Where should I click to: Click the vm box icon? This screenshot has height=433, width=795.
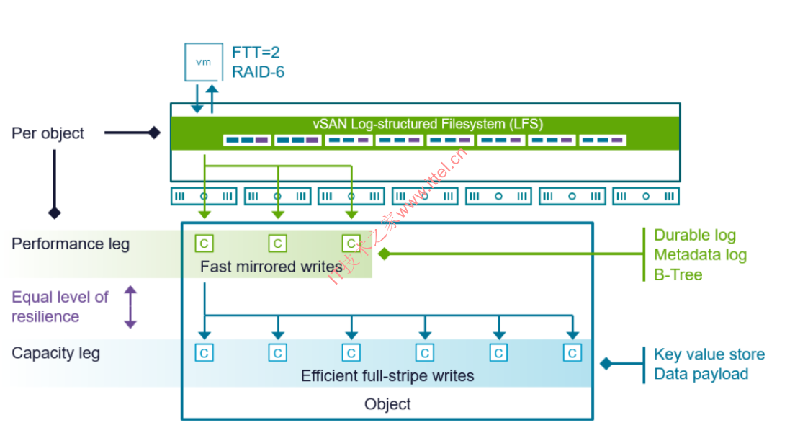point(204,62)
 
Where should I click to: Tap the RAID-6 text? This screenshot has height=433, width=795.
point(259,72)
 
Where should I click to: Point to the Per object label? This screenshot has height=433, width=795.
point(48,133)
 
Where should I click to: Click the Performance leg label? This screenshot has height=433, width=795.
point(71,244)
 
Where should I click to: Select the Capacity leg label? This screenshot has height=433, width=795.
point(55,353)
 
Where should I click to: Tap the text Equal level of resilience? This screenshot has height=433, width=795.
point(60,306)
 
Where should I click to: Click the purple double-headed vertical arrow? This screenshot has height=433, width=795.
point(130,307)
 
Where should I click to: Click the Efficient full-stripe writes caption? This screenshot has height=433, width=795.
point(387,375)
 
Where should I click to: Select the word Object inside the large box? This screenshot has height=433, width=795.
point(387,404)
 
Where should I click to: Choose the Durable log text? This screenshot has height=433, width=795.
point(694,235)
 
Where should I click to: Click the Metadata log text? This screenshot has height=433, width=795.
point(700,254)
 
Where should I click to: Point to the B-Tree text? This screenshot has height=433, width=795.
point(678,274)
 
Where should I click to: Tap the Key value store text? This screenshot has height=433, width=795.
point(709,354)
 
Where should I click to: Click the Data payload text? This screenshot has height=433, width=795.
point(701,374)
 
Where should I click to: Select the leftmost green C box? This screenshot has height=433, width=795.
point(204,244)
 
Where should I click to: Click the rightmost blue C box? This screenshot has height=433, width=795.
point(572,353)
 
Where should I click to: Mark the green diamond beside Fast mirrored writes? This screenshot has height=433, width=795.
point(384,254)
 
